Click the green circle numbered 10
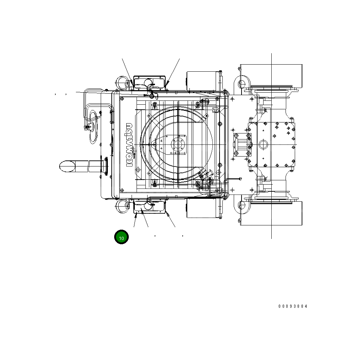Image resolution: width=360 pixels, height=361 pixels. [121, 237]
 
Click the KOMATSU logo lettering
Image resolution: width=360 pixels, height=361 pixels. [129, 145]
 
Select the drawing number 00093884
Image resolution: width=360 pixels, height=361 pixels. [293, 306]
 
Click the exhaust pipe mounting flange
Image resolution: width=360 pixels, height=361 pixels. [106, 166]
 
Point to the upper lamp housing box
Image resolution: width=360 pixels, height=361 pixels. [150, 83]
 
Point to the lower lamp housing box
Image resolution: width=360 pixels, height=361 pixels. [150, 207]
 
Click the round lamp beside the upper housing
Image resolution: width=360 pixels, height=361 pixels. [123, 83]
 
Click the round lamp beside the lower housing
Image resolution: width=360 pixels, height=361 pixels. [123, 206]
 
